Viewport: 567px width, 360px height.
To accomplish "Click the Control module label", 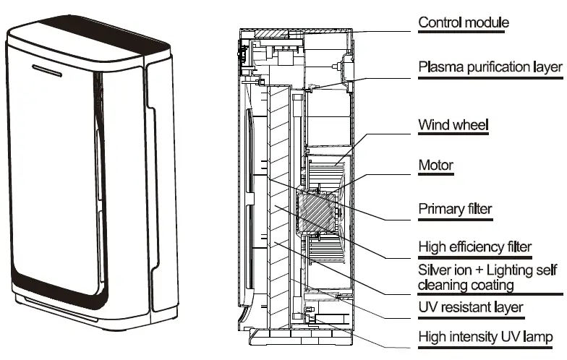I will pyautogui.click(x=464, y=22).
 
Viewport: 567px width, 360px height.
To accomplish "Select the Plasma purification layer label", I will pyautogui.click(x=490, y=67).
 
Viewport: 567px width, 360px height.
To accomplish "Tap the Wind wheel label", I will pyautogui.click(x=453, y=125).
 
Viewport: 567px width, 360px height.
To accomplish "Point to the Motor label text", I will pyautogui.click(x=436, y=166).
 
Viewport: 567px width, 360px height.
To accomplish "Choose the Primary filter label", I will pyautogui.click(x=455, y=210).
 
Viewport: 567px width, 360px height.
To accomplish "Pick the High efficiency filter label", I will pyautogui.click(x=475, y=247).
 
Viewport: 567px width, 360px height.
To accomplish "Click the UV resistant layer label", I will pyautogui.click(x=471, y=308).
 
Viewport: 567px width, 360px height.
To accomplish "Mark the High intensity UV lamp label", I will pyautogui.click(x=486, y=337).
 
